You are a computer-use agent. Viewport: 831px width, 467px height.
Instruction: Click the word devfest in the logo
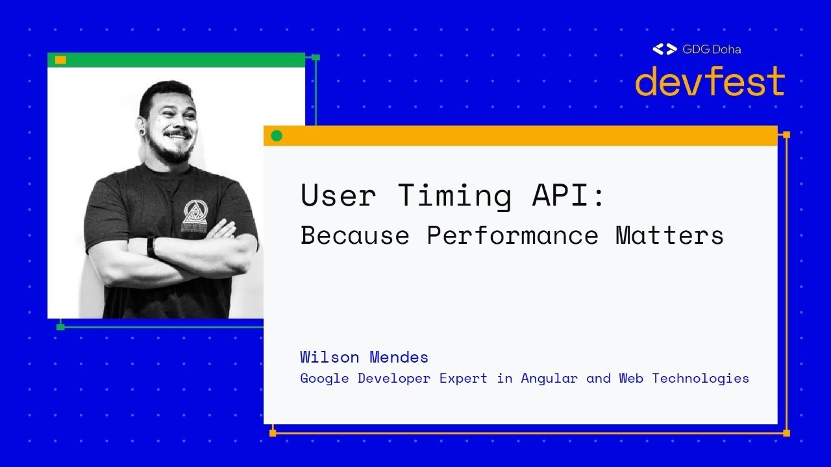[710, 82]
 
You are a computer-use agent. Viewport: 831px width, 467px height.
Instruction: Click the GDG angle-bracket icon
[664, 49]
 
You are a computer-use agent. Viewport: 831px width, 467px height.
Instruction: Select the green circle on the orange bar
[277, 136]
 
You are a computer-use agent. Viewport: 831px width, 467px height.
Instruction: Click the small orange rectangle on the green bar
[60, 60]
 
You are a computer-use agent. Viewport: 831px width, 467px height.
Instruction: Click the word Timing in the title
[454, 195]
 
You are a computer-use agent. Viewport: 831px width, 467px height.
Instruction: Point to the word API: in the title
[569, 195]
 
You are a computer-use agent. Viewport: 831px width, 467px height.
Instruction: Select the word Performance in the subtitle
[512, 235]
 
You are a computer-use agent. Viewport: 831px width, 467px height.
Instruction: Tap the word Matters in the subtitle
[669, 235]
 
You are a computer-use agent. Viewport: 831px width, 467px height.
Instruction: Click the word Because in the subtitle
[354, 235]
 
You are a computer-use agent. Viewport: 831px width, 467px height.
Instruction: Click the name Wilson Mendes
[364, 357]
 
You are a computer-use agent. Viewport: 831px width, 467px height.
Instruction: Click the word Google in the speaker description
[325, 378]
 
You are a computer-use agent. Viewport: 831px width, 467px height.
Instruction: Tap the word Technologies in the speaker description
[701, 378]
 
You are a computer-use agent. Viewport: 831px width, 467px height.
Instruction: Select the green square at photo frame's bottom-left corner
[60, 327]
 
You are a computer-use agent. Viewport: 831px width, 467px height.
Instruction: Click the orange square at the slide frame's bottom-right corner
[786, 433]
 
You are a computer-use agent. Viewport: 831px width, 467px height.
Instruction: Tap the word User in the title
[338, 195]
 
